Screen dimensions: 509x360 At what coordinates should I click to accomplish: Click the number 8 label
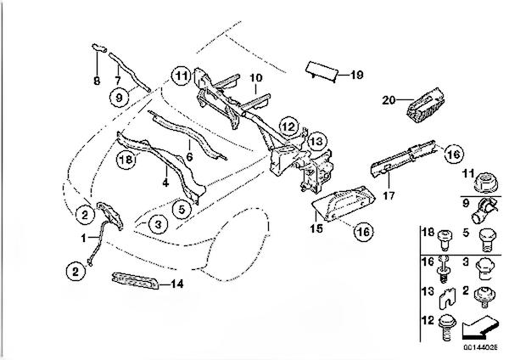(97, 81)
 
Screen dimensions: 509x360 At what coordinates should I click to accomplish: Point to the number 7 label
(118, 80)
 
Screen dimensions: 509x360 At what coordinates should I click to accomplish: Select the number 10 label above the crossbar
(256, 77)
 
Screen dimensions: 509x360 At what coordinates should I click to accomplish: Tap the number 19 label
(357, 75)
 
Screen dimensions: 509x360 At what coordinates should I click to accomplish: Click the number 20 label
(389, 100)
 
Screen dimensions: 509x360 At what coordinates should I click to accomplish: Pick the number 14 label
(177, 284)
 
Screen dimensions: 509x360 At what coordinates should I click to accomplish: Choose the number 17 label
(389, 195)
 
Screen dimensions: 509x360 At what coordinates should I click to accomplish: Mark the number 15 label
(316, 228)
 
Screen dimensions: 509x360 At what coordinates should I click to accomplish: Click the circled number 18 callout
(126, 160)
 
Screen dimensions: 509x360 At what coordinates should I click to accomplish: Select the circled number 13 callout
(316, 142)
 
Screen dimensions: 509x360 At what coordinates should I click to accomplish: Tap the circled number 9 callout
(119, 97)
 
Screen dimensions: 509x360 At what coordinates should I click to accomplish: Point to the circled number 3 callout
(158, 224)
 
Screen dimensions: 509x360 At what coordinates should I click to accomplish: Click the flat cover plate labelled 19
(322, 72)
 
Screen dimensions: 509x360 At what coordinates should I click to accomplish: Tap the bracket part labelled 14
(135, 281)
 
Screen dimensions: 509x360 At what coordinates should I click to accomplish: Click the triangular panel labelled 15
(344, 203)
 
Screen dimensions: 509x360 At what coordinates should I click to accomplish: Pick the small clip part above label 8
(99, 48)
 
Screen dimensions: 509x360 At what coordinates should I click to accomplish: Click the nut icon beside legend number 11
(486, 183)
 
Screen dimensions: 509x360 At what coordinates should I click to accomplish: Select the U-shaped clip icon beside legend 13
(447, 298)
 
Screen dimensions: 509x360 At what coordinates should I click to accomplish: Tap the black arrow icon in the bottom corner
(480, 327)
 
